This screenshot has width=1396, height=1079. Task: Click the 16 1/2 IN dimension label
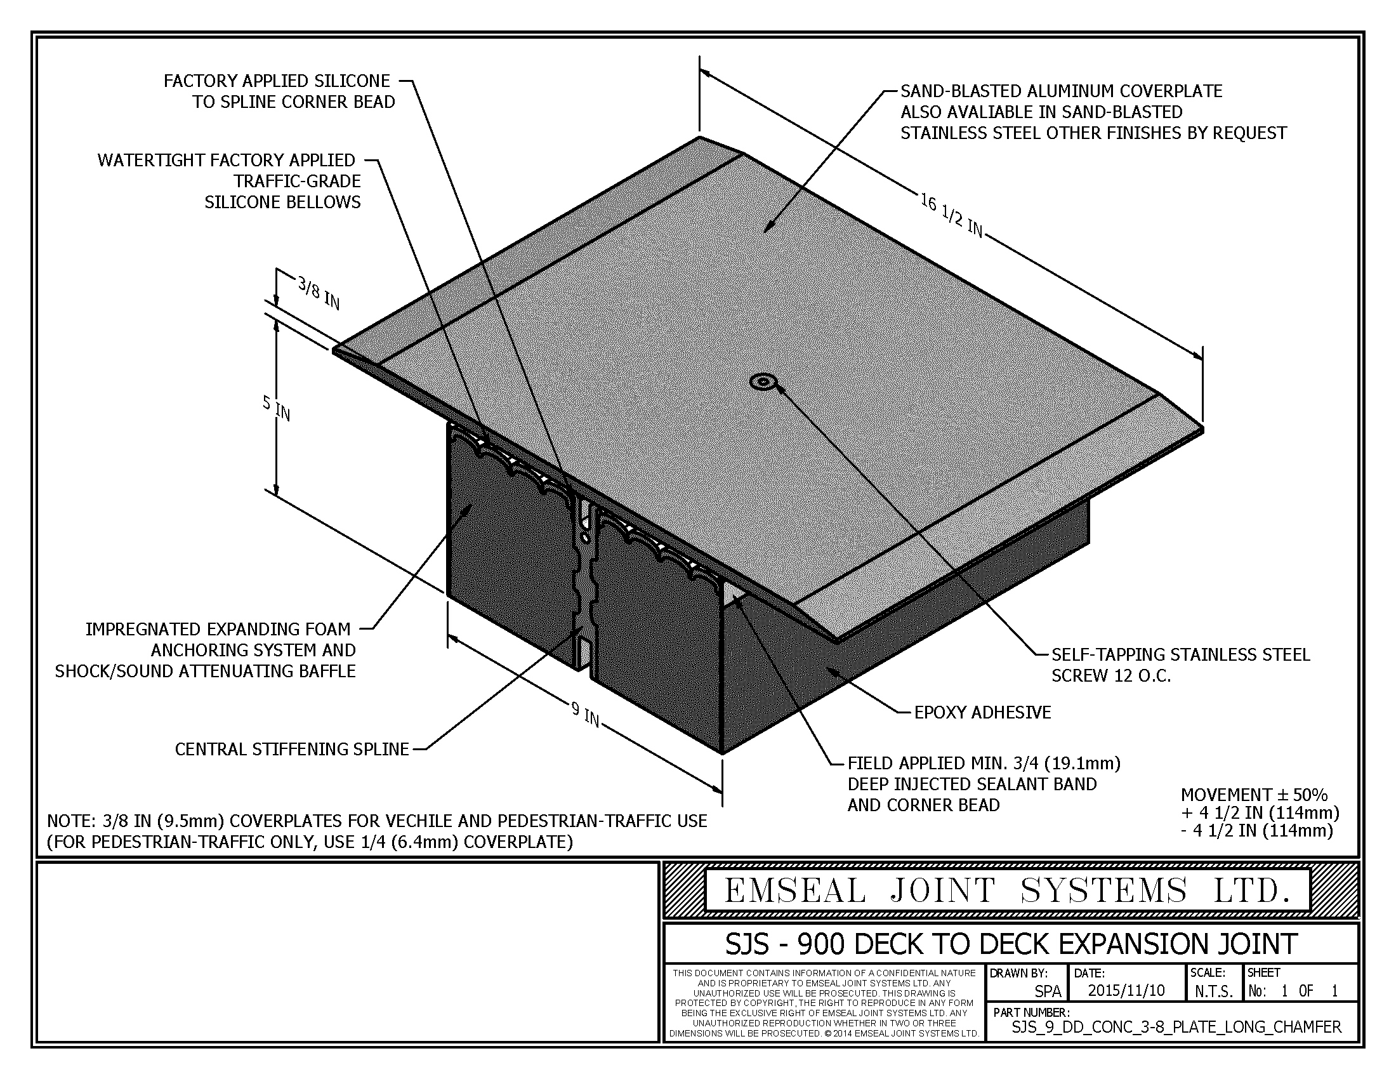click(x=952, y=215)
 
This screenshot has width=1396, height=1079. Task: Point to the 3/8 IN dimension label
click(x=319, y=293)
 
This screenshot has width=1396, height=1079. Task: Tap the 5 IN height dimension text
click(x=277, y=409)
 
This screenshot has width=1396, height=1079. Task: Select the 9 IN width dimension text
click(x=586, y=715)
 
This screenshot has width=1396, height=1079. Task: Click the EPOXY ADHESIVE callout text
click(x=982, y=713)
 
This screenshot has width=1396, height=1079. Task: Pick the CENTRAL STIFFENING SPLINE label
click(x=292, y=749)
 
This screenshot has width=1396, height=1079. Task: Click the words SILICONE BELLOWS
click(x=282, y=202)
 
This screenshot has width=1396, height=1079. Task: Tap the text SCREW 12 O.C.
click(x=1112, y=677)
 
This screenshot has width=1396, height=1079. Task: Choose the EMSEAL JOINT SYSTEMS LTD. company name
click(x=1007, y=890)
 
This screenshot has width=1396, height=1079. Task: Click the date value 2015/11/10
click(x=1126, y=990)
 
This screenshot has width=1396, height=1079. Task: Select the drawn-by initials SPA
click(x=1048, y=991)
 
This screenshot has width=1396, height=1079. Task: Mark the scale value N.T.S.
click(x=1214, y=991)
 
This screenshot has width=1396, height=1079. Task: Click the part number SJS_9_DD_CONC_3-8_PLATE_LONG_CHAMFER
click(x=1176, y=1027)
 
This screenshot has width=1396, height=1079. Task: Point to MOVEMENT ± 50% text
click(x=1254, y=795)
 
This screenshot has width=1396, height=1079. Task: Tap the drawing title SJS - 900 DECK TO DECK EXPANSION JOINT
click(x=1011, y=943)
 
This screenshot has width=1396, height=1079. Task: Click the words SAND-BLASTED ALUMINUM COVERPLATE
click(x=1061, y=91)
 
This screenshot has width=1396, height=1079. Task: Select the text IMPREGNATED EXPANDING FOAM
click(x=218, y=629)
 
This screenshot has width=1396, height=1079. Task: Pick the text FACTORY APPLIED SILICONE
click(x=277, y=81)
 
